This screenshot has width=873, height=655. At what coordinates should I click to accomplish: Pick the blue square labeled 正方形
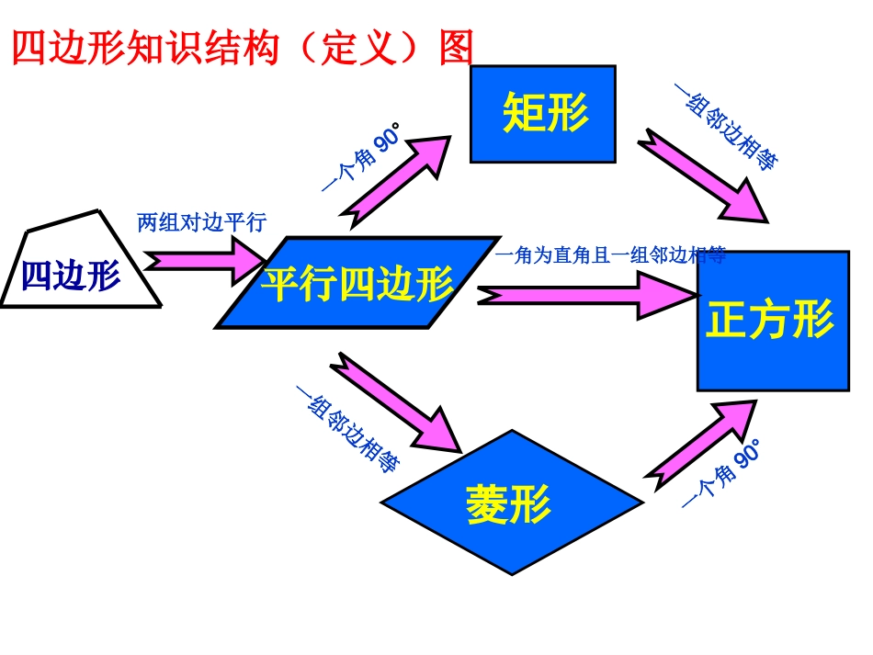pos(772,321)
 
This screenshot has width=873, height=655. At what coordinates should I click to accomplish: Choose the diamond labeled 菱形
pos(509,502)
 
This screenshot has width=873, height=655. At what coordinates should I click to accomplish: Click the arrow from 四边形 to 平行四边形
pos(204,262)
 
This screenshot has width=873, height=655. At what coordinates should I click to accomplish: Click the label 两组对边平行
pos(200,222)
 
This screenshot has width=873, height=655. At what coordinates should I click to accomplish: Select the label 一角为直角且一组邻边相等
pos(610,255)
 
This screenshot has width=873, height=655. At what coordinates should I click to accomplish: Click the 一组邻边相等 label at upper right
pos(727,128)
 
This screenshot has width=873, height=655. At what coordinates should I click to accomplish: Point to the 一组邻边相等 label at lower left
pos(347,428)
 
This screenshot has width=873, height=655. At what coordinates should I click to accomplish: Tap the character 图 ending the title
pos(456,48)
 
